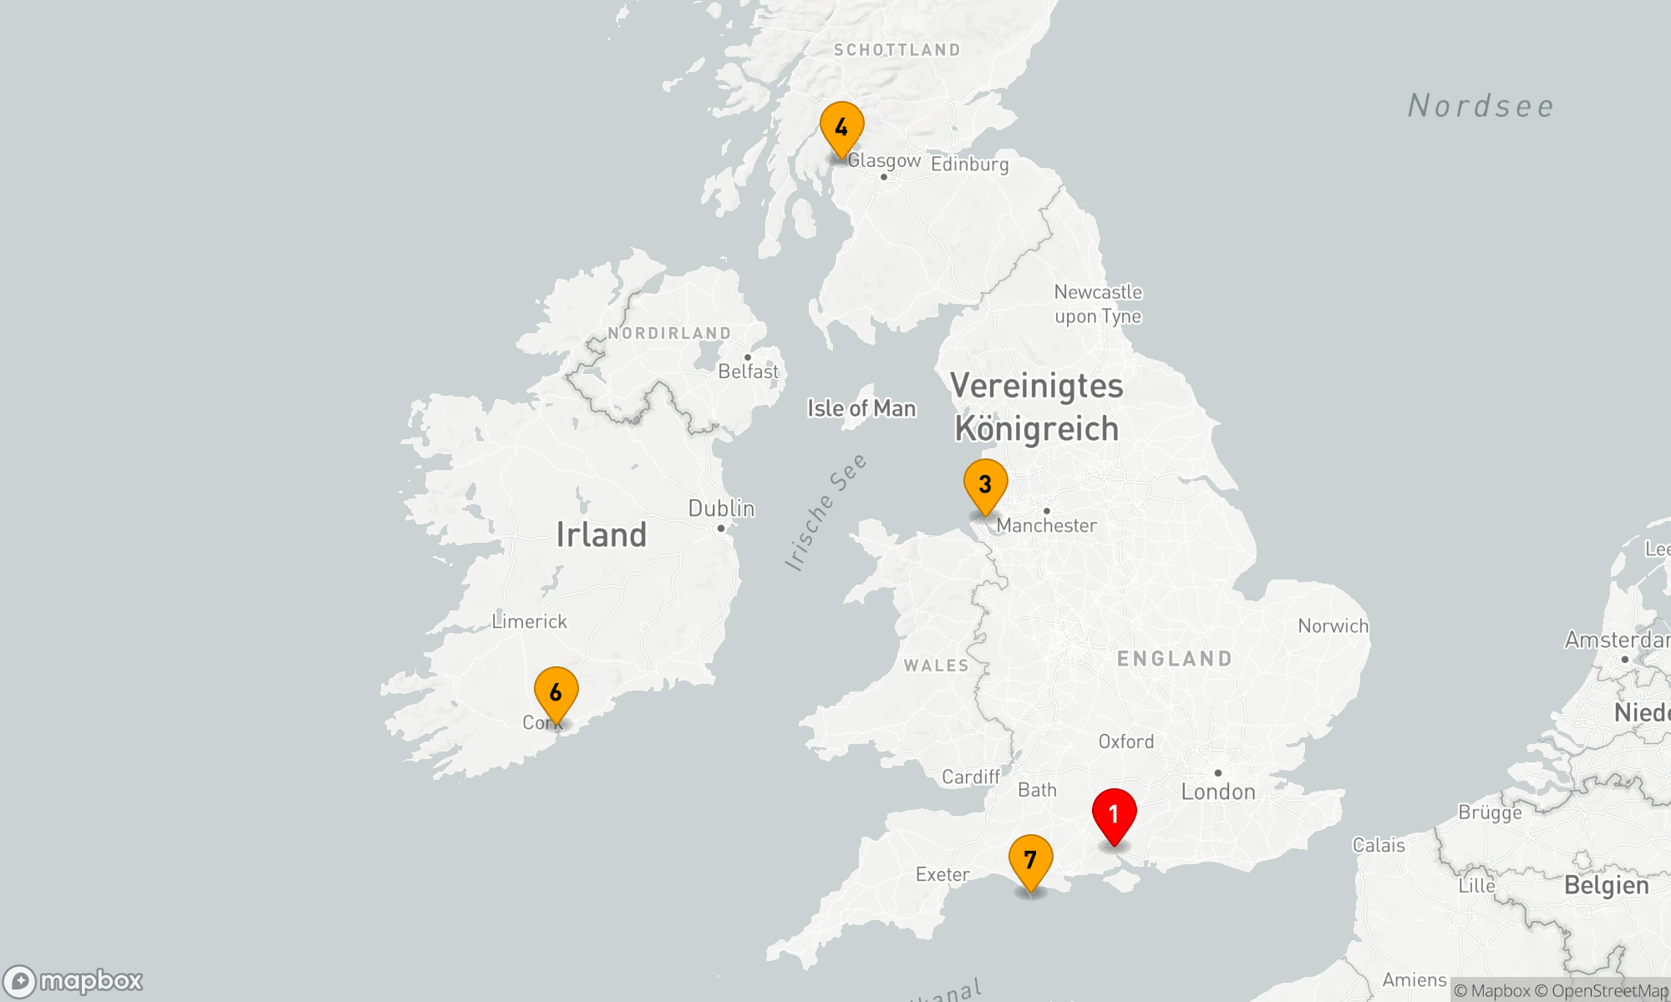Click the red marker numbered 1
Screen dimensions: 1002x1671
click(x=1114, y=815)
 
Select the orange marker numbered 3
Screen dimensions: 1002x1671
click(x=985, y=485)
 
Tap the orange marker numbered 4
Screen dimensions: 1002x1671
click(x=841, y=128)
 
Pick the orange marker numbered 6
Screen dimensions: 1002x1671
click(x=556, y=693)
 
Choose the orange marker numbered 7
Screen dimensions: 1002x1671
click(x=1030, y=861)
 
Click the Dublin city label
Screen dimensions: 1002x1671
click(x=721, y=509)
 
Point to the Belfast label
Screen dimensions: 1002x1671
click(x=748, y=372)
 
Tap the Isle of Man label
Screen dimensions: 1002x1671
click(x=861, y=408)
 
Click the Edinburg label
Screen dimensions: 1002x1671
click(x=969, y=164)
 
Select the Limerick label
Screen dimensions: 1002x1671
click(x=529, y=621)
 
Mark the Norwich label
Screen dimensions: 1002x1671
click(x=1333, y=626)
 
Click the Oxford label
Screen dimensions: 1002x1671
click(x=1125, y=741)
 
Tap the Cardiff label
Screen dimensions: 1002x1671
click(x=970, y=777)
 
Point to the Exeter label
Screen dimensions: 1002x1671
click(x=942, y=874)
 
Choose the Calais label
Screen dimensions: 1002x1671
click(x=1378, y=845)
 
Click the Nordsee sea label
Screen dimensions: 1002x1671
click(x=1481, y=106)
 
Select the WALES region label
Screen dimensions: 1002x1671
click(x=936, y=665)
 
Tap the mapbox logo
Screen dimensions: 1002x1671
click(x=74, y=981)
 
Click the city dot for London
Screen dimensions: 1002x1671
click(x=1217, y=773)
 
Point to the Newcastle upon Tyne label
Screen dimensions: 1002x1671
click(x=1098, y=304)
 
